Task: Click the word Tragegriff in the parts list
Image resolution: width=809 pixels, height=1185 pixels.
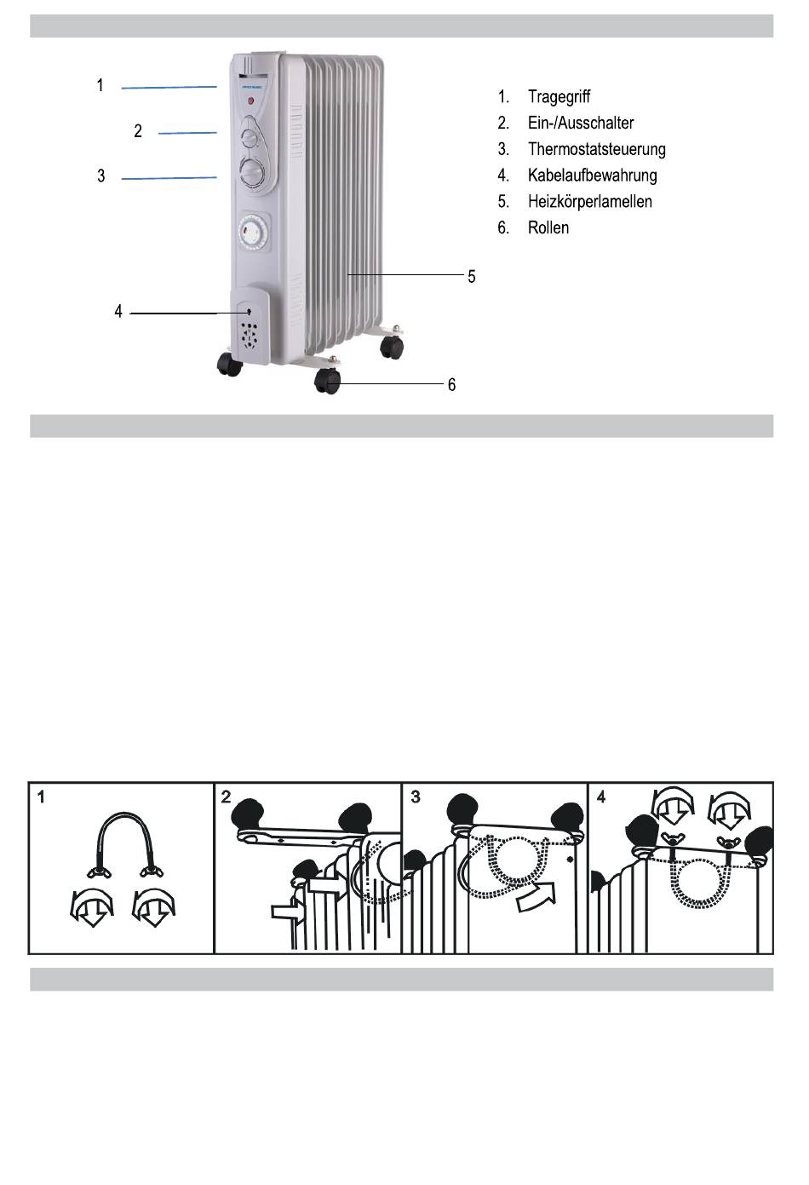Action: tap(559, 97)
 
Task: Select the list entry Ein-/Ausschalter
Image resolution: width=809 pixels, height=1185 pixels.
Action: tap(581, 123)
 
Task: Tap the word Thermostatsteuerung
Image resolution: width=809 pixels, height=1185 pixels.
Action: tap(596, 149)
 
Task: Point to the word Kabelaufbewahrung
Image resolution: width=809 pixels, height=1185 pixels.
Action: tap(592, 175)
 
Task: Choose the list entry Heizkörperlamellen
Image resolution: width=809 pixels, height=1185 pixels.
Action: tap(589, 202)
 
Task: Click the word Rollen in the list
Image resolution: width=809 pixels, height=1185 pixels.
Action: tap(548, 228)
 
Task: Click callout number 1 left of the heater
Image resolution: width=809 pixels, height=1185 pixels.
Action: tap(100, 85)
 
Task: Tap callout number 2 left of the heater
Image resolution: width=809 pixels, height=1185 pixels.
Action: tap(138, 131)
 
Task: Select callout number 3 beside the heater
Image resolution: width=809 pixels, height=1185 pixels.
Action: tap(101, 176)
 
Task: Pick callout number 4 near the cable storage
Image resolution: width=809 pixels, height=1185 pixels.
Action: tap(118, 312)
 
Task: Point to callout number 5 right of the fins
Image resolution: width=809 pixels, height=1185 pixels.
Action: tap(471, 277)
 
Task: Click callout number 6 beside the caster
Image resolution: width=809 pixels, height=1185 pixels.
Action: tap(451, 385)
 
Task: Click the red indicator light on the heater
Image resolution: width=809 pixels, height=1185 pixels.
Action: tap(251, 102)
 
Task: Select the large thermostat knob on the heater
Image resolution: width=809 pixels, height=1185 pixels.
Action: tap(252, 173)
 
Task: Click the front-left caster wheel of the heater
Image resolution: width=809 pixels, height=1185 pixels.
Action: tap(229, 364)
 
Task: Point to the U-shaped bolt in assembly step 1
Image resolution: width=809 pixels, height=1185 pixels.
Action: tap(123, 839)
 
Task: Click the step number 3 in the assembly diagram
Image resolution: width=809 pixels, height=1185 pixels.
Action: tap(416, 797)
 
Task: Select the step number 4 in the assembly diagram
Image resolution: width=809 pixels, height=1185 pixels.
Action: tap(601, 797)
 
